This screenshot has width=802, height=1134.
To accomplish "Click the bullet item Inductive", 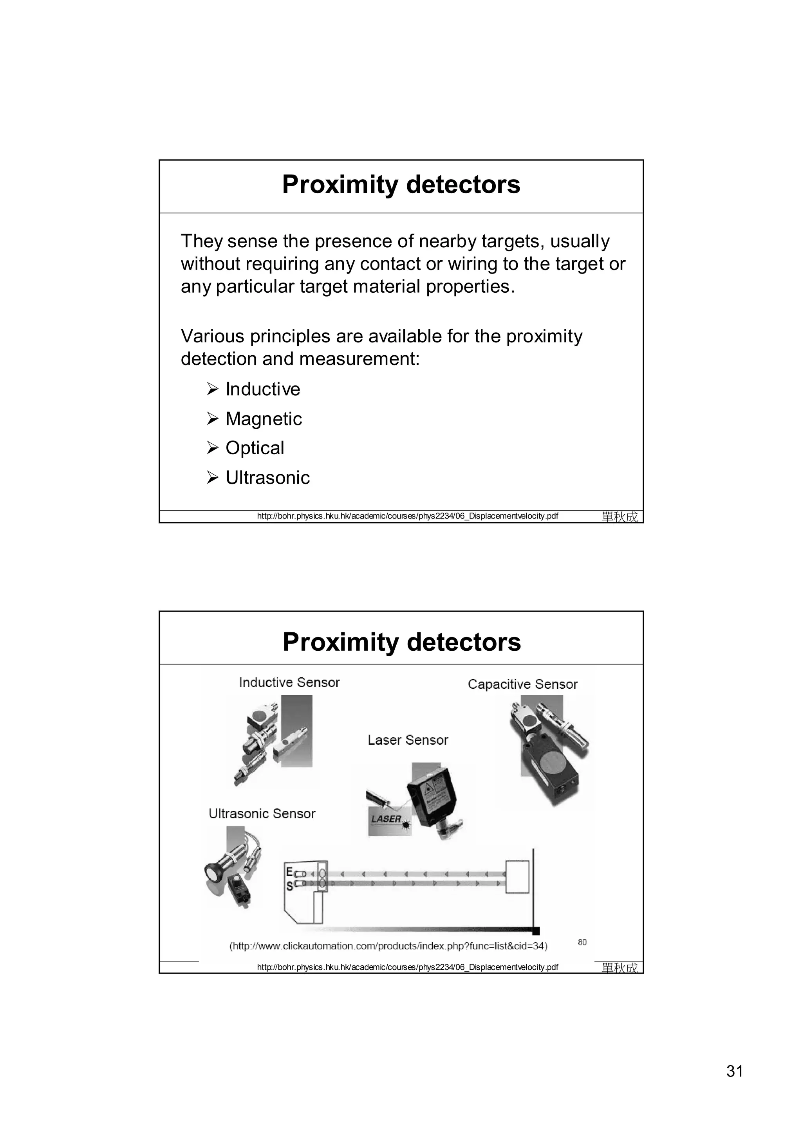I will pyautogui.click(x=262, y=389).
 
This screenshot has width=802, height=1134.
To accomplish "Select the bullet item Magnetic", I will pyautogui.click(x=264, y=419).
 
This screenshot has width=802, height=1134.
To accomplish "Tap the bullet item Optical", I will pyautogui.click(x=255, y=448).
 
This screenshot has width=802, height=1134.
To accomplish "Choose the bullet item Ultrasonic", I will pyautogui.click(x=267, y=478).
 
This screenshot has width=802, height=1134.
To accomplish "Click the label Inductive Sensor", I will pyautogui.click(x=289, y=682).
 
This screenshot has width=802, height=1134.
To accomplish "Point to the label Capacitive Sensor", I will pyautogui.click(x=522, y=684).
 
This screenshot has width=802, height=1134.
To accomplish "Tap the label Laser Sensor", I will pyautogui.click(x=408, y=740).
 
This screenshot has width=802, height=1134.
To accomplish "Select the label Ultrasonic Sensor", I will pyautogui.click(x=262, y=814).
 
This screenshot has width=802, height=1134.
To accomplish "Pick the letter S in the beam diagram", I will pyautogui.click(x=289, y=886).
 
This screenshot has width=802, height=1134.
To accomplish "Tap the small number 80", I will pyautogui.click(x=582, y=942).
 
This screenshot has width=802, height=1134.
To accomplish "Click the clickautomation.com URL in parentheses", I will pyautogui.click(x=388, y=946).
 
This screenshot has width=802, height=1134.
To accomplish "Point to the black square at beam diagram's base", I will pyautogui.click(x=536, y=931).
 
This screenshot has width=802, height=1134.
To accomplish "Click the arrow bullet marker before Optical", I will pyautogui.click(x=213, y=448).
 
